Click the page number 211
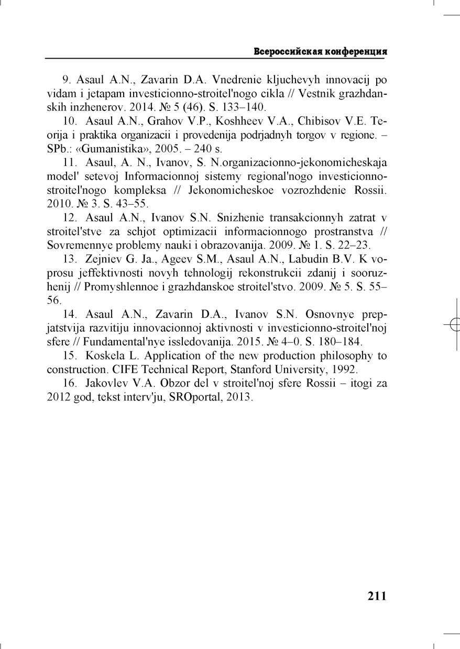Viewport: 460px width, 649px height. [x=377, y=596]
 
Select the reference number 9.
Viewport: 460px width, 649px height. [x=67, y=80]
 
